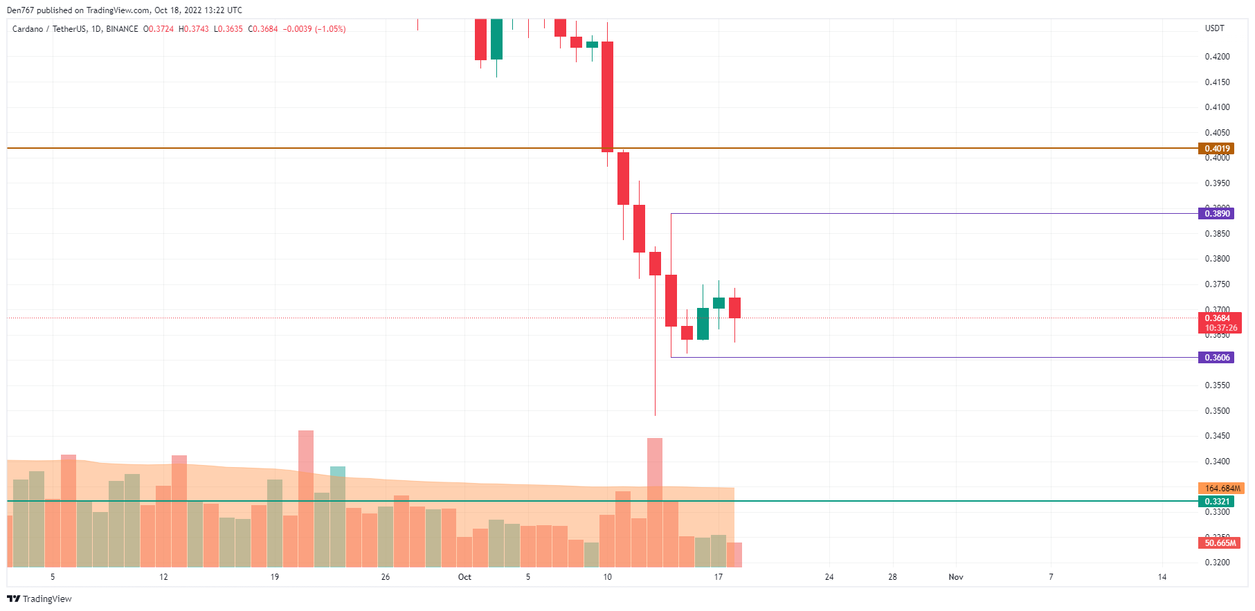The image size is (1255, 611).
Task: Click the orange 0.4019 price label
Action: [x=1216, y=148]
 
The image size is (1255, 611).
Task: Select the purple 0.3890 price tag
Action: [x=1216, y=213]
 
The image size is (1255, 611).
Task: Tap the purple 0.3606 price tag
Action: [x=1216, y=357]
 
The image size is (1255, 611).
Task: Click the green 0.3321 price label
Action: [x=1216, y=501]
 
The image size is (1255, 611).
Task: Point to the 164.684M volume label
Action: [x=1222, y=488]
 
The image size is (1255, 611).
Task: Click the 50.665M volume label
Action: [x=1220, y=542]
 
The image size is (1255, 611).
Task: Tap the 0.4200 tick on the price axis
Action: [x=1217, y=57]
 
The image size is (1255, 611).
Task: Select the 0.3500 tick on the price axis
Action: [x=1217, y=410]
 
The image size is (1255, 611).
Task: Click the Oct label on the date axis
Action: [x=464, y=576]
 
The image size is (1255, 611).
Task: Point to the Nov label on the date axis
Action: [x=955, y=576]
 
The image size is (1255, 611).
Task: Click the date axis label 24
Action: [x=829, y=576]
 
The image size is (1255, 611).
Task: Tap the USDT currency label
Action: [x=1214, y=28]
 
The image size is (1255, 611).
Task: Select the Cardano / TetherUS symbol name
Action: [x=49, y=29]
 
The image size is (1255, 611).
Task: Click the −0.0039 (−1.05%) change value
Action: [x=314, y=29]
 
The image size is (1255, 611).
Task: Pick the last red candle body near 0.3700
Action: [x=734, y=308]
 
